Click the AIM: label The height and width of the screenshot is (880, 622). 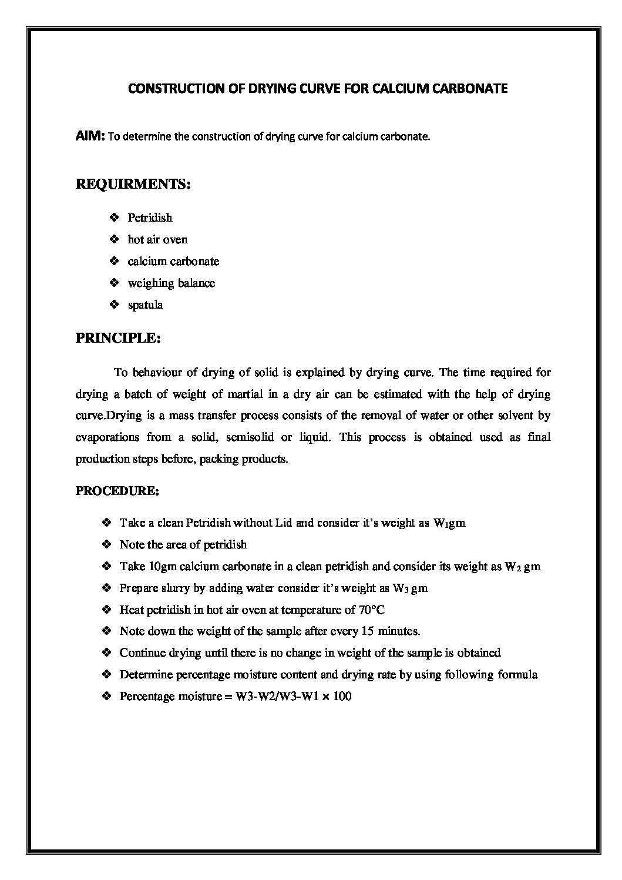(90, 136)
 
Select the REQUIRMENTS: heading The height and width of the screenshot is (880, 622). (133, 184)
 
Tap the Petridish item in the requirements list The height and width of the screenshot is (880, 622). (150, 218)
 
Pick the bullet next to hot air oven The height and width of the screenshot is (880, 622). (114, 239)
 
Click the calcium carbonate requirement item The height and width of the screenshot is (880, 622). (173, 262)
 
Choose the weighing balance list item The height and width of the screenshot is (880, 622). (172, 283)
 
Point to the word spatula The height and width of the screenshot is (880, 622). (145, 305)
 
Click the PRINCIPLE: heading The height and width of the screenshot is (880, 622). (118, 339)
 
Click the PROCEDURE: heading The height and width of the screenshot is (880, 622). (117, 491)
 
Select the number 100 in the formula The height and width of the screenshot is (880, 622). (341, 697)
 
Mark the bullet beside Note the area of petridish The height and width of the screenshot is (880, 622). (106, 544)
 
